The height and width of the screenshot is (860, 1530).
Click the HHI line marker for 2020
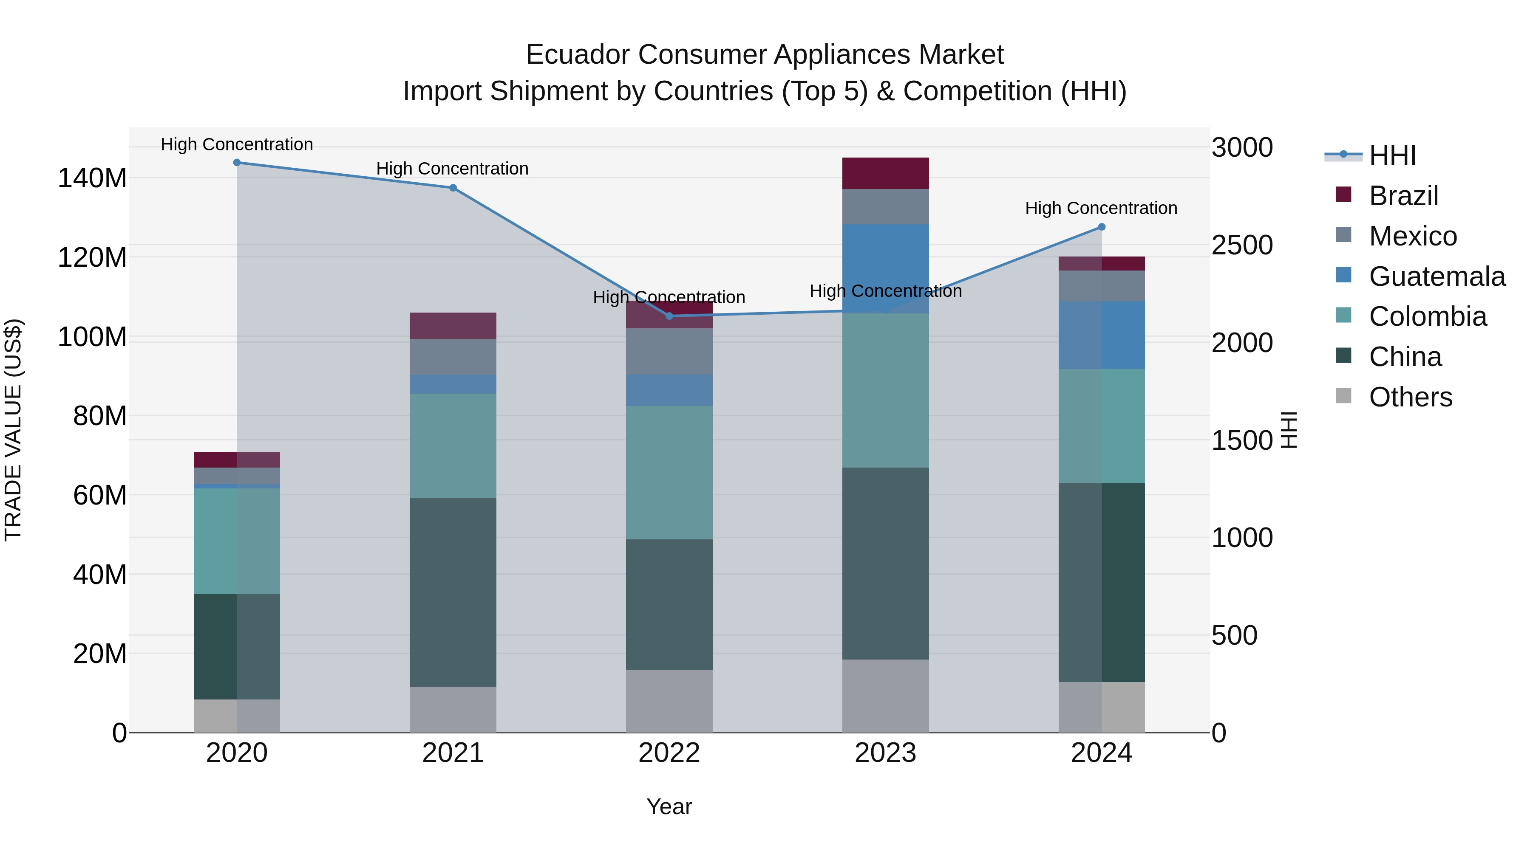(x=237, y=163)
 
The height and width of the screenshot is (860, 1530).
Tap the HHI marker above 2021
(x=453, y=188)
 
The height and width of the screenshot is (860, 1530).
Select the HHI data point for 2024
(x=1101, y=227)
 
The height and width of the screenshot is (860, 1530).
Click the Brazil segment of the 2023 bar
(x=885, y=173)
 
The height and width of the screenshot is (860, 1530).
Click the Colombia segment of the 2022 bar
(x=669, y=472)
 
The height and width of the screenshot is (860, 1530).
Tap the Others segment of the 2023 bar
(x=885, y=696)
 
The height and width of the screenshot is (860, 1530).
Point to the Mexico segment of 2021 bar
(x=453, y=357)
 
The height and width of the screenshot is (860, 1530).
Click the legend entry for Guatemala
(x=1436, y=276)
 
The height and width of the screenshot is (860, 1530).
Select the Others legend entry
(x=1410, y=397)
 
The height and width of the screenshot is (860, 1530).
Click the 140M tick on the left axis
(x=92, y=178)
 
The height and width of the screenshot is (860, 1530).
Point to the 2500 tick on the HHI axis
(x=1242, y=245)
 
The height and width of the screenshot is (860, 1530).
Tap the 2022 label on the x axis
(x=669, y=753)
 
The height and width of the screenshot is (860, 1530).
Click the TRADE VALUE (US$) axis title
(x=13, y=430)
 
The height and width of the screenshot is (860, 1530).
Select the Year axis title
(x=669, y=806)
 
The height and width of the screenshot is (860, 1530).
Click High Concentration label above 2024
(x=1101, y=209)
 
